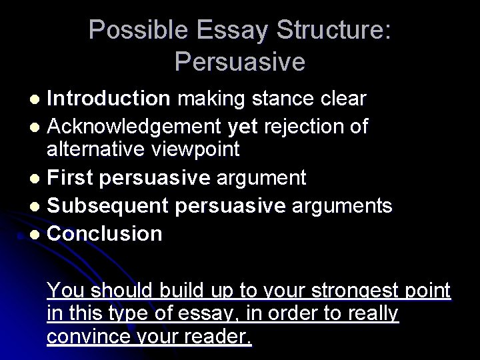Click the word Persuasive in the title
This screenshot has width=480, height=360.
tap(239, 62)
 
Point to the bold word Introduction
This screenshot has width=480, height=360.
tap(109, 99)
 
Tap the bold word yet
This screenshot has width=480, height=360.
tap(242, 125)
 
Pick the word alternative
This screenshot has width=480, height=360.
tap(93, 149)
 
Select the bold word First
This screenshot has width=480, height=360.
tap(71, 178)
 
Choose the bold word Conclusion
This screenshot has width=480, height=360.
tap(105, 233)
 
